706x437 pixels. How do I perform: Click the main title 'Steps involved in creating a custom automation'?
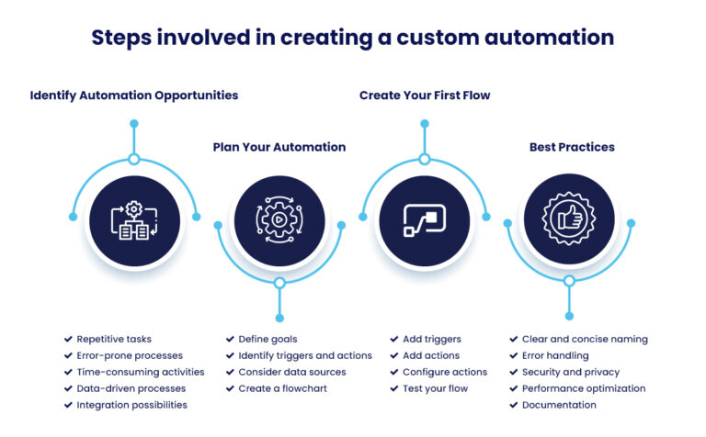click(x=352, y=38)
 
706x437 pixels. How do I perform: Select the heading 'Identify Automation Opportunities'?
click(x=134, y=95)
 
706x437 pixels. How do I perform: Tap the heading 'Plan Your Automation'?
click(x=279, y=147)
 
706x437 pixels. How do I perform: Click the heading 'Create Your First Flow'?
click(x=425, y=95)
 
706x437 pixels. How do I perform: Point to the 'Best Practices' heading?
click(x=572, y=147)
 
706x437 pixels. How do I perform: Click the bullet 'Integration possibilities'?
click(x=131, y=405)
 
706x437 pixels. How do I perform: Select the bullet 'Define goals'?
click(x=268, y=339)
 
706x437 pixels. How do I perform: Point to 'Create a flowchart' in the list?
click(x=282, y=388)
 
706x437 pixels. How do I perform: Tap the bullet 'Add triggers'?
click(x=431, y=339)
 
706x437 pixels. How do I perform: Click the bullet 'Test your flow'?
click(x=435, y=388)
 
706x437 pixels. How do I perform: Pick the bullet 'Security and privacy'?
click(x=570, y=372)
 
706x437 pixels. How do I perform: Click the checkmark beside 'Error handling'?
click(x=514, y=355)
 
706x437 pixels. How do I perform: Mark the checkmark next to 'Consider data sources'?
click(x=230, y=372)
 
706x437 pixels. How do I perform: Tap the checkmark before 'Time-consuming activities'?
click(x=68, y=372)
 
